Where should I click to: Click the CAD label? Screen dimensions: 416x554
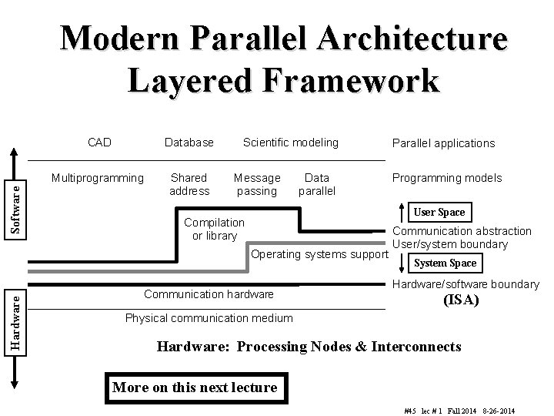(x=99, y=142)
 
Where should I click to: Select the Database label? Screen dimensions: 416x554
(x=189, y=142)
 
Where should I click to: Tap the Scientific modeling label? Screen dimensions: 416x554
(x=290, y=142)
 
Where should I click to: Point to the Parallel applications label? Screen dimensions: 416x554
(x=443, y=143)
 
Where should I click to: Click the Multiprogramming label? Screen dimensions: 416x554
(x=97, y=178)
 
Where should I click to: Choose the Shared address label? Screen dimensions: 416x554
(x=189, y=184)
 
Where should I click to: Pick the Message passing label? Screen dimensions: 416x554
(x=257, y=184)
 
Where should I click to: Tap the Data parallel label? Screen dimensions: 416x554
(x=316, y=184)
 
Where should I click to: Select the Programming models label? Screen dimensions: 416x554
(x=446, y=178)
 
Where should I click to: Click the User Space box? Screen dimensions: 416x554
(x=439, y=212)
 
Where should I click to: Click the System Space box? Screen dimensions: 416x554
(x=445, y=263)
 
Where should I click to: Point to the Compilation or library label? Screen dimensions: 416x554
(x=215, y=229)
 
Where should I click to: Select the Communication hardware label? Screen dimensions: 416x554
(x=209, y=294)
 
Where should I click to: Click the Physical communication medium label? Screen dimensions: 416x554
(x=209, y=318)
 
